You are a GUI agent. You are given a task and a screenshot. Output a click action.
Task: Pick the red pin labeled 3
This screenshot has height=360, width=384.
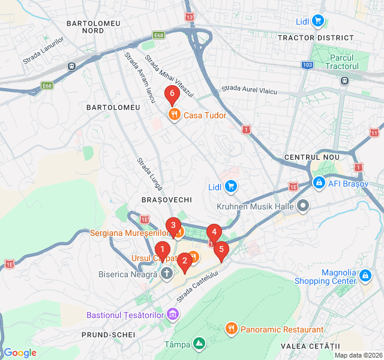pos(173,227)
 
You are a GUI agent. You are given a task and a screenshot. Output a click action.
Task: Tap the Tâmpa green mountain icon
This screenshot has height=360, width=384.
pos(199,344)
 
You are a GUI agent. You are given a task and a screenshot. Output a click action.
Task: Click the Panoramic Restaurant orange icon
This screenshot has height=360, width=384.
pos(232,329)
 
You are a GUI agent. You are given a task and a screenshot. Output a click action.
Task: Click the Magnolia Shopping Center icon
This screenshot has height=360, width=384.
pos(365,275)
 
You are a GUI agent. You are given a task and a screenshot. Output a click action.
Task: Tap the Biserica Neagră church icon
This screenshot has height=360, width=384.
pos(167,275)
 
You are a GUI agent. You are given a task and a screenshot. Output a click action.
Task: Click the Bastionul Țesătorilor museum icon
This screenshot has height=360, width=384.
pos(173,314)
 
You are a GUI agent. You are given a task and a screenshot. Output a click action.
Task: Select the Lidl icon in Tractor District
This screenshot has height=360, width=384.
pos(317,22)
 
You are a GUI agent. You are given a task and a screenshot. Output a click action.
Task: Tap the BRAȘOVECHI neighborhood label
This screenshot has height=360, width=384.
pos(167,199)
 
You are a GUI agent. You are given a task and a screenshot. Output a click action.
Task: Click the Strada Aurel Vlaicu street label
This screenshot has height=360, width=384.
pos(249,90)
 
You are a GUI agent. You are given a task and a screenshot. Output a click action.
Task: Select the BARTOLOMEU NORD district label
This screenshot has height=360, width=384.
pos(94,26)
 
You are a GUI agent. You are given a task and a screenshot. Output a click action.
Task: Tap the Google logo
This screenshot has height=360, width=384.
pos(20,352)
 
